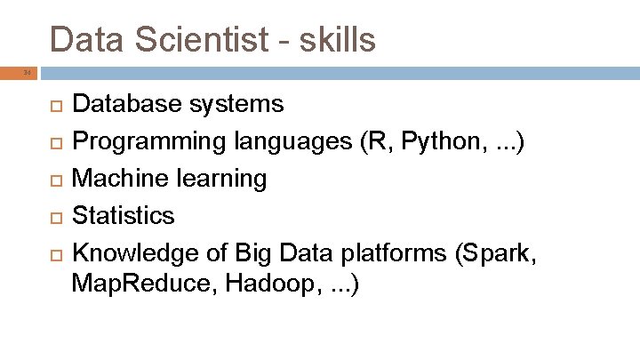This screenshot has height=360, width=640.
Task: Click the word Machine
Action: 118,179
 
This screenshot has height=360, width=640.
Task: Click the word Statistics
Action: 123,216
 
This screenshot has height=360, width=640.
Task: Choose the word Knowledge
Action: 133,253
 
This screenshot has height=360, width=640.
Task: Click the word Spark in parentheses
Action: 497,253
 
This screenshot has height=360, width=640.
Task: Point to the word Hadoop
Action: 267,286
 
